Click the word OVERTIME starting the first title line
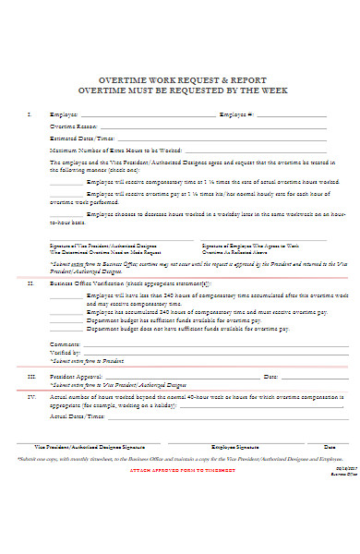click(121, 78)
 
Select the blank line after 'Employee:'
click(148, 115)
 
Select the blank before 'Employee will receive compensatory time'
click(66, 185)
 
